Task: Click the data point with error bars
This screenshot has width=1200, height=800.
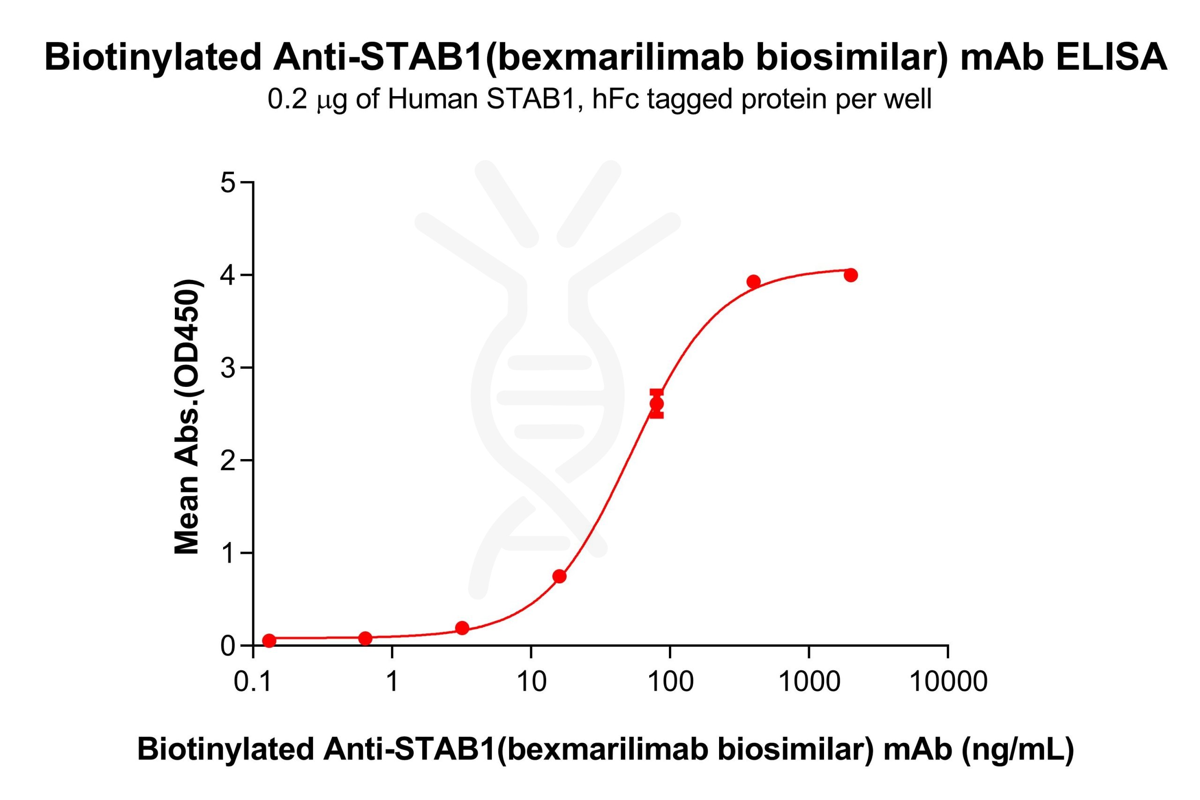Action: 656,404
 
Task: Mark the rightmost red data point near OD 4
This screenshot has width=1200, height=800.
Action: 851,275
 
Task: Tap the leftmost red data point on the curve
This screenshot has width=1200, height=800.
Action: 269,640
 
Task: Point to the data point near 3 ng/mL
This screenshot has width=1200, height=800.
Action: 462,628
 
